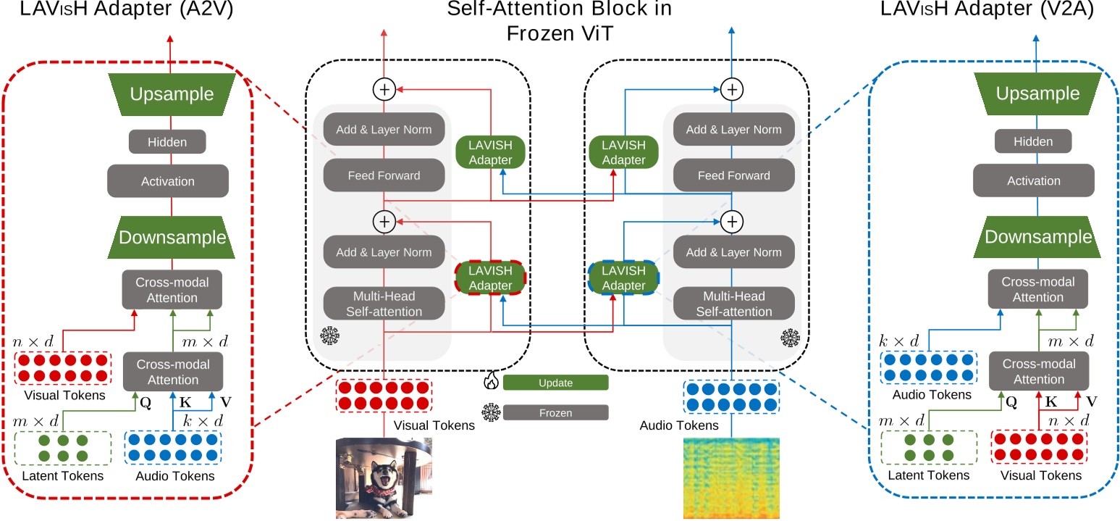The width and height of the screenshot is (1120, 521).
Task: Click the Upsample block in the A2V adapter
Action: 172,95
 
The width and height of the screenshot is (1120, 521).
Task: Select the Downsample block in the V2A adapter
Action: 1037,237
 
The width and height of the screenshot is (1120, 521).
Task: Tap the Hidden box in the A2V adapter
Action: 167,142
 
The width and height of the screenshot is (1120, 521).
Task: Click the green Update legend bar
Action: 555,382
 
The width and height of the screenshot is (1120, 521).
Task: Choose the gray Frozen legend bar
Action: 555,412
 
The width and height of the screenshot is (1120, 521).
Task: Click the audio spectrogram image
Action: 731,478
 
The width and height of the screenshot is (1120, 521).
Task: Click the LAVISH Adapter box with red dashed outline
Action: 490,278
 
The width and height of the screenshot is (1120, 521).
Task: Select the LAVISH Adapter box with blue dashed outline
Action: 623,278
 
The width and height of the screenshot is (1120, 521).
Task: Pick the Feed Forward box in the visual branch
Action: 384,175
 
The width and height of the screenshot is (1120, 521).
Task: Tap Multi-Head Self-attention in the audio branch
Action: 733,304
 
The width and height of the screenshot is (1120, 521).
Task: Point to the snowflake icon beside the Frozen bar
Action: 491,412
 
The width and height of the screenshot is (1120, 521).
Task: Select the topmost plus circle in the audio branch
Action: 733,89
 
